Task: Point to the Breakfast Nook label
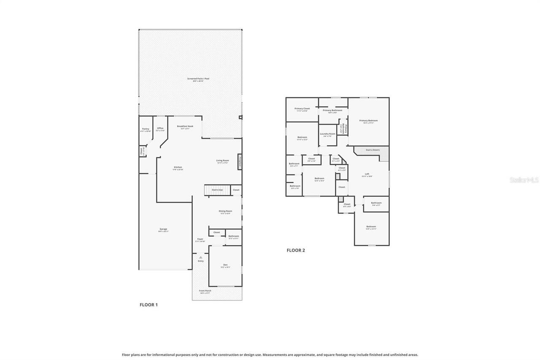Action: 185,127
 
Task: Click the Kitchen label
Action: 178,168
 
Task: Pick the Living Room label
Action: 222,161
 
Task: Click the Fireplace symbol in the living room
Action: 240,162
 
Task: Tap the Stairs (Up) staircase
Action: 217,190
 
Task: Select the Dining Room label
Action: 225,212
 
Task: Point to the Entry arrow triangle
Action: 201,257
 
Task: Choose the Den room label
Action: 225,265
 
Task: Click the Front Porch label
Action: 205,291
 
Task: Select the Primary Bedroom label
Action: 368,121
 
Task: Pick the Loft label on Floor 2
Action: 367,175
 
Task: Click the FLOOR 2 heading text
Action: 296,250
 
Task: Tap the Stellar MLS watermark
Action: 524,180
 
